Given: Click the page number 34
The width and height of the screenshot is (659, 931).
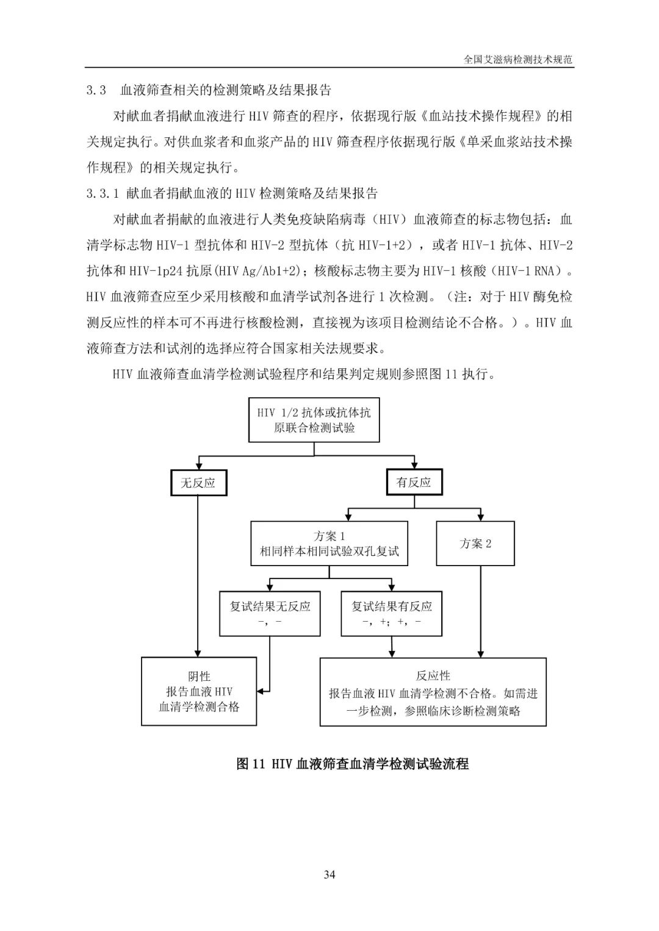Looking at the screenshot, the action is [x=329, y=874].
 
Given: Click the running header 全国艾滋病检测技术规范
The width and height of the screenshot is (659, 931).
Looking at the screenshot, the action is [x=517, y=60].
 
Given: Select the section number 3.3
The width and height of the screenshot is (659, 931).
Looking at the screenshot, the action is [x=96, y=90].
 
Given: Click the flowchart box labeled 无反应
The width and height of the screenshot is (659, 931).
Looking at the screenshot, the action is [x=198, y=483].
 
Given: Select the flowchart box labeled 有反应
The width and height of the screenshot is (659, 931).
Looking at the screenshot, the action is [x=414, y=482].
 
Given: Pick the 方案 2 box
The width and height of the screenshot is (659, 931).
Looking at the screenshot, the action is [x=475, y=543].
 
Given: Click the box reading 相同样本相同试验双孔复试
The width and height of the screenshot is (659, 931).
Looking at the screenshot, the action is [x=329, y=543].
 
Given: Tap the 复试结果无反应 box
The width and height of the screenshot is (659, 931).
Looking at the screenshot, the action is [x=270, y=614].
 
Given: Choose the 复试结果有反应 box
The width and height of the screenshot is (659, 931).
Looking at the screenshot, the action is [x=391, y=614].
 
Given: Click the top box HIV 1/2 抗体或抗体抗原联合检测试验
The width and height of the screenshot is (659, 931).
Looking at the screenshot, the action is [x=314, y=420].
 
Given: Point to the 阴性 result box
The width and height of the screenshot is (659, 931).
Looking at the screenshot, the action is [x=199, y=691].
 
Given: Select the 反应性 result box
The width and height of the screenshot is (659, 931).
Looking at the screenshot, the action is [x=433, y=692].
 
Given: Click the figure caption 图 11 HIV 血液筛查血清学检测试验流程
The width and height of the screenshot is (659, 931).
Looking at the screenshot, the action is [x=353, y=764].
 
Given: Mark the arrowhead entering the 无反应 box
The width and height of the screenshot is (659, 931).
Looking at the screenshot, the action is [x=199, y=466].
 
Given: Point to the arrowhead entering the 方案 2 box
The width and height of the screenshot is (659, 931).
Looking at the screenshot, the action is [x=481, y=517].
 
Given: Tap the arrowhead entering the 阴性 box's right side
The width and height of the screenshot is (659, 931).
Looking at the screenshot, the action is [x=261, y=691].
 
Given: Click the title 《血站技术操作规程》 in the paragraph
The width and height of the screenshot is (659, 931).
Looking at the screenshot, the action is [x=482, y=115].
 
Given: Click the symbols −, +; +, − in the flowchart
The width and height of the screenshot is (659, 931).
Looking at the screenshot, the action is [x=391, y=622].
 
